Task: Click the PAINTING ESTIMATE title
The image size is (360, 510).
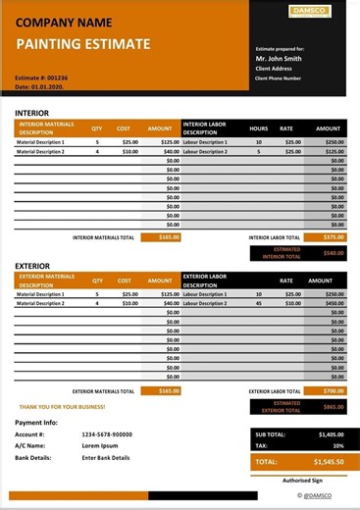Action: point(83,44)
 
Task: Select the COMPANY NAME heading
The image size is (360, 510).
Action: point(65,22)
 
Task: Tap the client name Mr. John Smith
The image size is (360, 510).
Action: point(279,59)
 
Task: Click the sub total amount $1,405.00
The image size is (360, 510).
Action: point(331,433)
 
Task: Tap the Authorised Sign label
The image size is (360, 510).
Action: point(302,481)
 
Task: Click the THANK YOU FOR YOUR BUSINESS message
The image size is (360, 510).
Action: point(62,406)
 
